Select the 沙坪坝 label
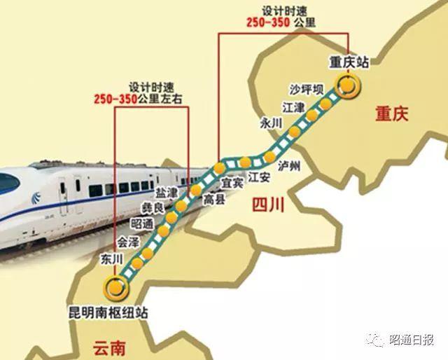click(307, 89)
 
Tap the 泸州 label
click(288, 166)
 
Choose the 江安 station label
click(259, 177)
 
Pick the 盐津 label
click(167, 192)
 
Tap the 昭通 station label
click(142, 224)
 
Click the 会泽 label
click(129, 242)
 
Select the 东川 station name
click(111, 258)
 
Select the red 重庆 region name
click(391, 113)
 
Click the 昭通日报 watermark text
click(413, 340)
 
